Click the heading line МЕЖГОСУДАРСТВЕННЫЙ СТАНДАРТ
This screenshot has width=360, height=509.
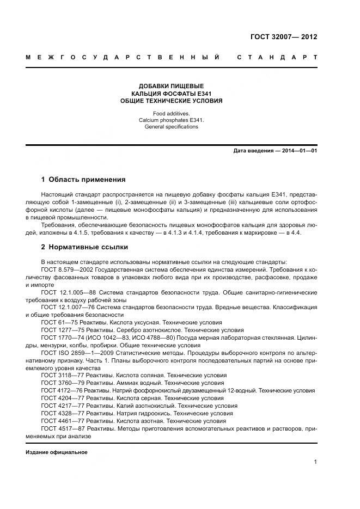pyautogui.click(x=172, y=57)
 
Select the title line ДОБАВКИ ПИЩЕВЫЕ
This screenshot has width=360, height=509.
pyautogui.click(x=172, y=86)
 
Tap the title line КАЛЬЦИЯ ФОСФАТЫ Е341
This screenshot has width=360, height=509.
pyautogui.click(x=172, y=94)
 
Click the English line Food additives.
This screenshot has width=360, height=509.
pyautogui.click(x=172, y=113)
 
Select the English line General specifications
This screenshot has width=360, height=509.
pyautogui.click(x=172, y=127)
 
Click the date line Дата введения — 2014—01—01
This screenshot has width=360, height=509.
pyautogui.click(x=275, y=151)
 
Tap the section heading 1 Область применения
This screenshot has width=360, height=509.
pyautogui.click(x=83, y=179)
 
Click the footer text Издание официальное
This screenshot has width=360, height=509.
pyautogui.click(x=57, y=452)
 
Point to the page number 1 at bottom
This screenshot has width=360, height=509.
pyautogui.click(x=315, y=462)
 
